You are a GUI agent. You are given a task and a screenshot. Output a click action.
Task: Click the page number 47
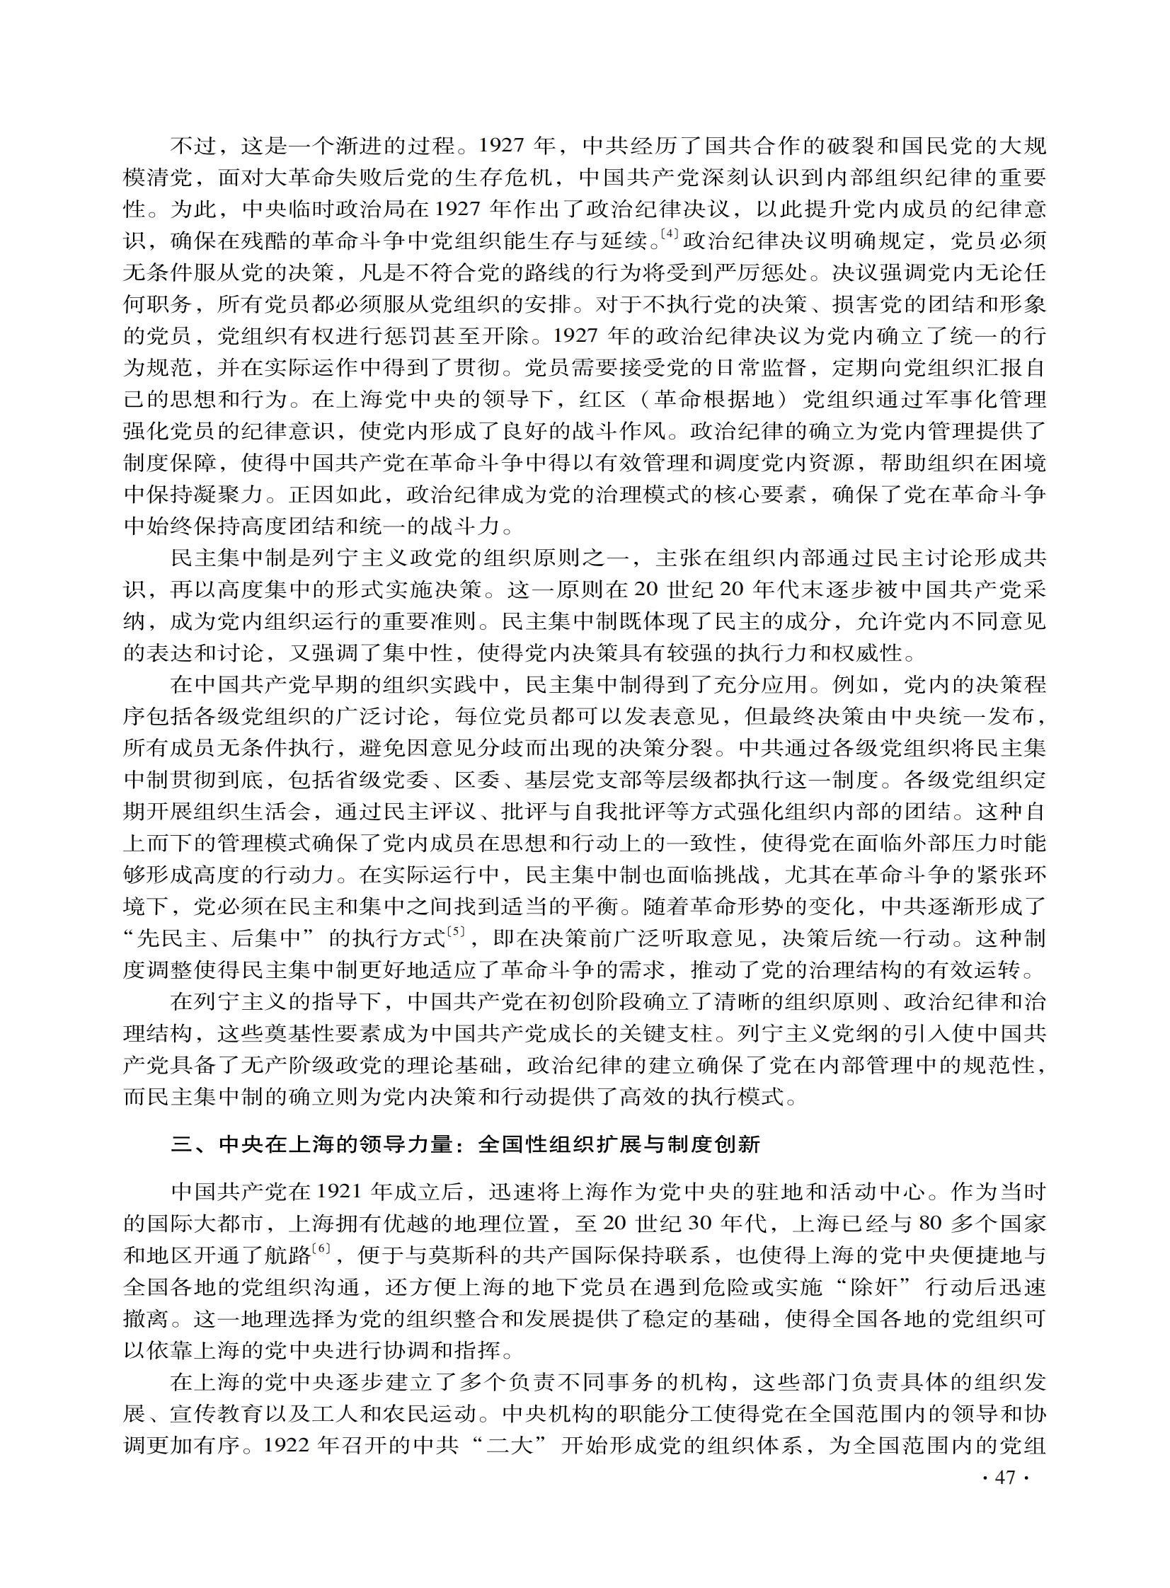[x=1005, y=1478]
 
